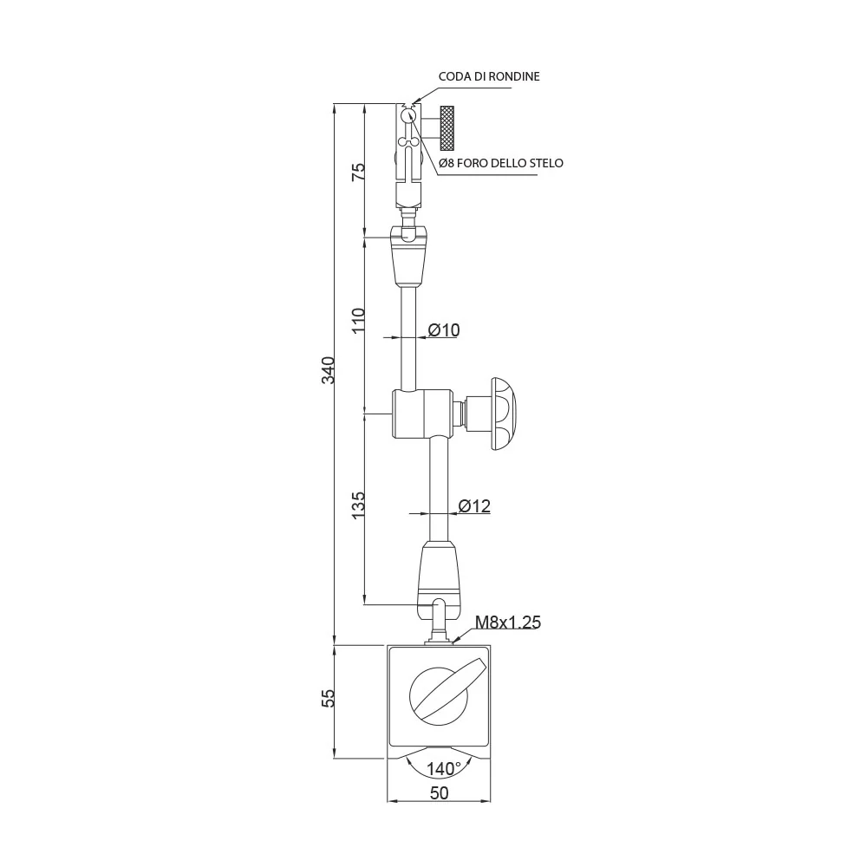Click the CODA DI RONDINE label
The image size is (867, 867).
point(489,76)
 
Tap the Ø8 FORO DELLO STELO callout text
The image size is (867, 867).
point(501,163)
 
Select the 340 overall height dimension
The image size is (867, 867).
point(329,370)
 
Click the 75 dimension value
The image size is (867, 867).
point(359,172)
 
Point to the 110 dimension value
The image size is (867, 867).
point(359,321)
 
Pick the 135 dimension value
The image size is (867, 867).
point(359,505)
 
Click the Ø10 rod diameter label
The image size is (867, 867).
point(443,330)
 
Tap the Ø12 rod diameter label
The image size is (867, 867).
point(474,506)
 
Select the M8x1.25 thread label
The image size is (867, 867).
point(508,623)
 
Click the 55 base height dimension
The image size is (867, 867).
point(329,698)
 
